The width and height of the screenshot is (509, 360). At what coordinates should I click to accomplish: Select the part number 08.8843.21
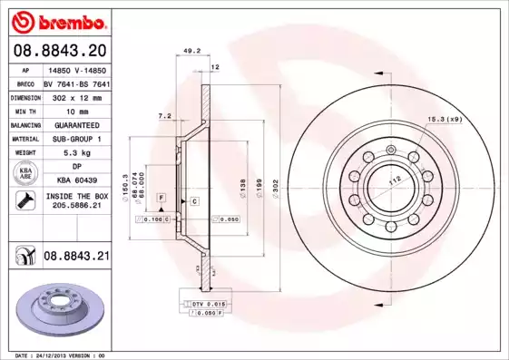[x=75, y=257]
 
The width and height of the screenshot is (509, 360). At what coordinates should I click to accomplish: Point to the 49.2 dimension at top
[x=191, y=52]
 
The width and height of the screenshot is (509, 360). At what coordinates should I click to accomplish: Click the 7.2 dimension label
[x=165, y=116]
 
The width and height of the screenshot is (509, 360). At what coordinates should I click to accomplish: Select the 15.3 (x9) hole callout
[x=444, y=120]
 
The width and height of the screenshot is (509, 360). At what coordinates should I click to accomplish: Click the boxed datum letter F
[x=161, y=197]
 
